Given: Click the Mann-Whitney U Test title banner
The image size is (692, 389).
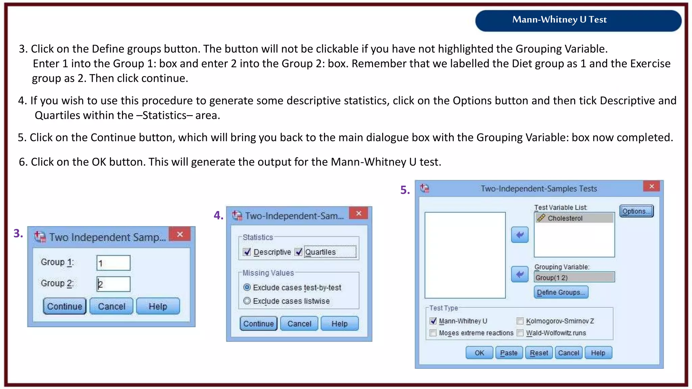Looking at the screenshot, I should pos(578,20).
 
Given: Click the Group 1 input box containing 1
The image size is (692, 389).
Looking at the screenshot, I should pos(113,263).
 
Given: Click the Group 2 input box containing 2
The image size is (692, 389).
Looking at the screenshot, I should pos(113,284).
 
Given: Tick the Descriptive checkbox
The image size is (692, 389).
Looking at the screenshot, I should pos(247,252).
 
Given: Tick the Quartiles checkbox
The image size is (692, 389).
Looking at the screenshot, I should pos(298,252).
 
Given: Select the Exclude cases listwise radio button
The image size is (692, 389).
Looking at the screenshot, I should pos(247,301).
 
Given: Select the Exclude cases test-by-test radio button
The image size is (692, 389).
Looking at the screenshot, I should pos(247,287).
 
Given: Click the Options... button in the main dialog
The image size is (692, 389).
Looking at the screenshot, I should pos(636,211).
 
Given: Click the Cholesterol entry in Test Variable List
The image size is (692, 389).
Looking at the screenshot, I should pos(574,218).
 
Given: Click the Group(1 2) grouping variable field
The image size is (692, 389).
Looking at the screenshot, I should pos(574,277).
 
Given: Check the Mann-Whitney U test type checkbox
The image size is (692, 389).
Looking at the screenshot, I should pos(433,321).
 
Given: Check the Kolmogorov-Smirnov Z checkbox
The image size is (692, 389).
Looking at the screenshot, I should pos(520,321).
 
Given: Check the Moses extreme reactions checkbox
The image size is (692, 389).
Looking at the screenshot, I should pos(433,333).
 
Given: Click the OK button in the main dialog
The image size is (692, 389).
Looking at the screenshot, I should pos(479,353).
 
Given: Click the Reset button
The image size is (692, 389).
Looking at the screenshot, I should pos(539,353).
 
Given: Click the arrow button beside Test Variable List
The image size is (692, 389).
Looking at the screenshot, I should pos(520,235).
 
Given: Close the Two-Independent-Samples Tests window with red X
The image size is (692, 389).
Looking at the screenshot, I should pos(651,186).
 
